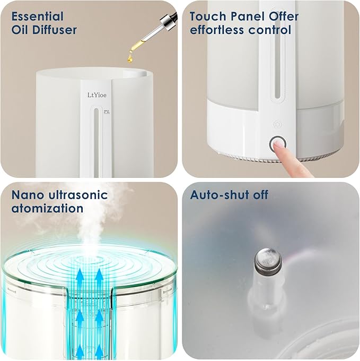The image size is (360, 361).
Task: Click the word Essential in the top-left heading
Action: point(37,16)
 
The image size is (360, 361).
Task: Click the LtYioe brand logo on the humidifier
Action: point(99,96)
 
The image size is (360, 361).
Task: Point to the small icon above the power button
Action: point(276,124)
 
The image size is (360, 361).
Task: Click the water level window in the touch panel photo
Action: point(277,64)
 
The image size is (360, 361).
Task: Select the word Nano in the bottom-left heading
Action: point(25,195)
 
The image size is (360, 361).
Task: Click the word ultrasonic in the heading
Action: point(75,195)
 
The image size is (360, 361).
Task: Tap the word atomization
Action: point(47,209)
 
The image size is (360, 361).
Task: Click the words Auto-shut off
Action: point(230,195)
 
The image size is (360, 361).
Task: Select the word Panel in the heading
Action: point(245,16)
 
